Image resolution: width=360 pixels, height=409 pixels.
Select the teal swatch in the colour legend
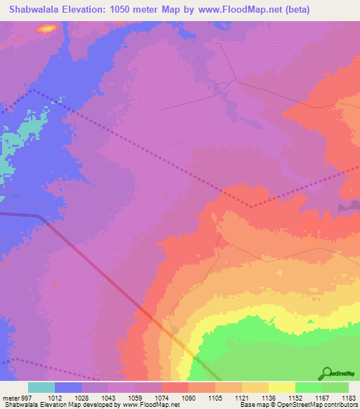coord(41,387)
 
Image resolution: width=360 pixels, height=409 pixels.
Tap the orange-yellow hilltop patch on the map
coord(47,29)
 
